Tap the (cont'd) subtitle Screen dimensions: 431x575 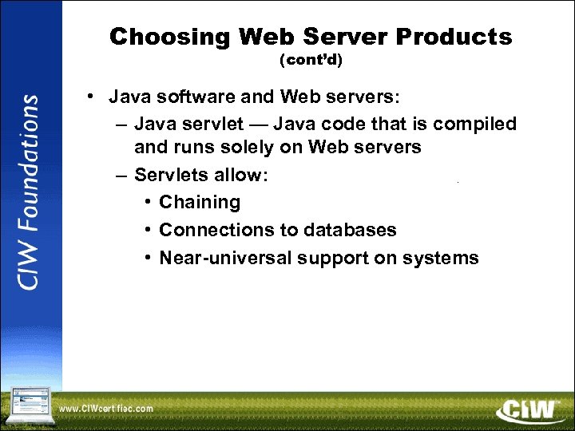pos(311,60)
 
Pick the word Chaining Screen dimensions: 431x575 pos(200,203)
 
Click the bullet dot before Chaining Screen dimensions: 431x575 pos(149,203)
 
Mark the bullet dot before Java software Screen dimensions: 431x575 pos(93,97)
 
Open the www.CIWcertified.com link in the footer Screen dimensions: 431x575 pos(105,409)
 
